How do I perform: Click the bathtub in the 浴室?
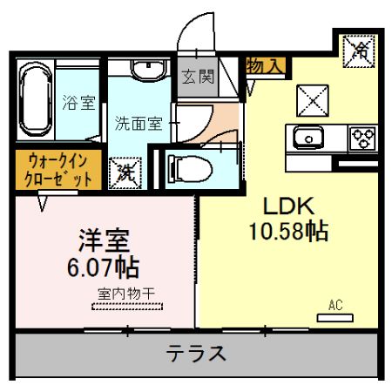[x=37, y=99]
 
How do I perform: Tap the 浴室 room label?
[x=78, y=103]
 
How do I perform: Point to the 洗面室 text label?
[x=139, y=124]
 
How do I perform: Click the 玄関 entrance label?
[x=198, y=77]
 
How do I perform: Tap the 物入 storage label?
[x=263, y=66]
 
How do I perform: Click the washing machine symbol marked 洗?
[x=122, y=170]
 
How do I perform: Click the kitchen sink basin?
[x=307, y=139]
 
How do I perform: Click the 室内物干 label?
[x=126, y=294]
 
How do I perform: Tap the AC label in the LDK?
[x=335, y=305]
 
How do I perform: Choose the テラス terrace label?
[x=198, y=354]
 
